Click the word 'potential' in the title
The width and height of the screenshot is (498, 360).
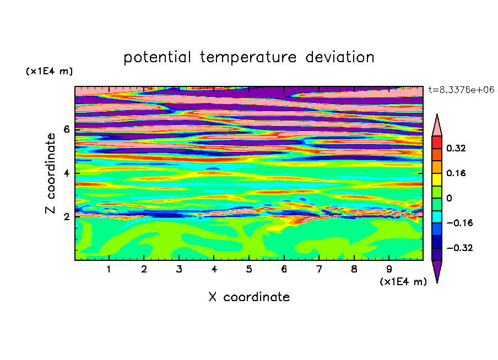[157, 57]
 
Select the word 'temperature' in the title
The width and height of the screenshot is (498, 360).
[248, 57]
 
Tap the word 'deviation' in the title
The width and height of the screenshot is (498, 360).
[340, 57]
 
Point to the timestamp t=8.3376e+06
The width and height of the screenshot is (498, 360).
[462, 90]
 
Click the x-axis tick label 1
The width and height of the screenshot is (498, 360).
[109, 269]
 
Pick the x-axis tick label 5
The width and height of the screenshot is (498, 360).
[249, 269]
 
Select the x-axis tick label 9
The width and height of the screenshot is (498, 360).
[389, 269]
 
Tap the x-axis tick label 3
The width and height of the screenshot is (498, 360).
[179, 269]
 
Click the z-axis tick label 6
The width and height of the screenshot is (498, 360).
[66, 129]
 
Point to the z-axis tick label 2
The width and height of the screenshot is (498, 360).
[66, 217]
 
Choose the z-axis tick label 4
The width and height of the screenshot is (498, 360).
[66, 173]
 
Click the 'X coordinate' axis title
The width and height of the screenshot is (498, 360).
[249, 297]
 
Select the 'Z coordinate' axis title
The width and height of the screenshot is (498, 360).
[50, 173]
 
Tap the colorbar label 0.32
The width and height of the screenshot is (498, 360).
[456, 148]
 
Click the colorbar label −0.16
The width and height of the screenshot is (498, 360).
[459, 223]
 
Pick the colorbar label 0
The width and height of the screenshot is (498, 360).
[449, 198]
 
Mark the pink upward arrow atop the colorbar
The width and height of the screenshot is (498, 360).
[437, 125]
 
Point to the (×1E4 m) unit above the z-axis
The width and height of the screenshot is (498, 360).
[49, 71]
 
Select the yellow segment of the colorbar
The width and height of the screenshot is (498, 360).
[437, 179]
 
